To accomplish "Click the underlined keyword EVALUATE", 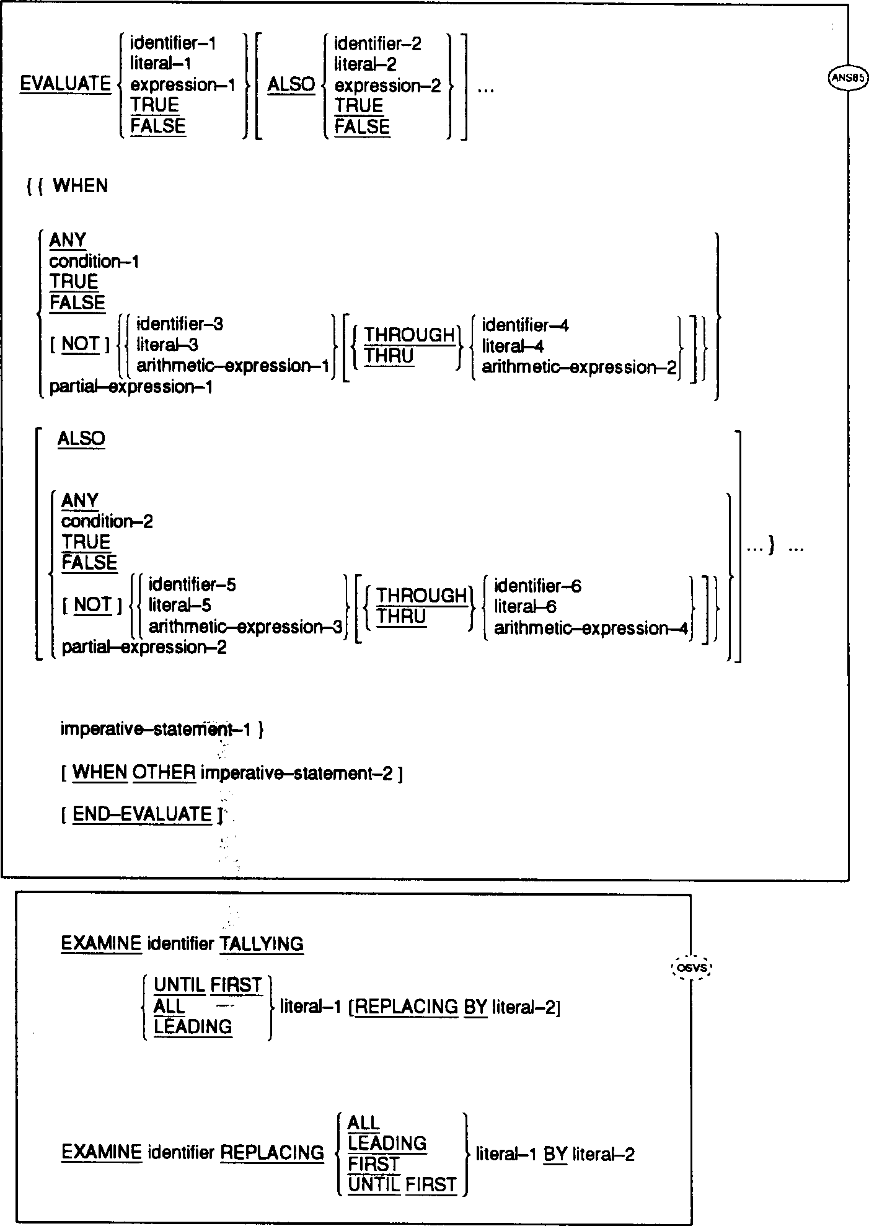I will [x=65, y=84].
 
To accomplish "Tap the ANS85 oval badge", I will [x=847, y=79].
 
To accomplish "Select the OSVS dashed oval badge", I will [x=692, y=968].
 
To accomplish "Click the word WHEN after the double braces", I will [x=81, y=186].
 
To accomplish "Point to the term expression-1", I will [x=183, y=85].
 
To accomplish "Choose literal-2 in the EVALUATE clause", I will [x=366, y=64].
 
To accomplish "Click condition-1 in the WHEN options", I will [x=94, y=262].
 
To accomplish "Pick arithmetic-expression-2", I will [x=580, y=367].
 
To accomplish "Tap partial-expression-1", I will [x=131, y=387].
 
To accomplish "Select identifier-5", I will [x=192, y=584].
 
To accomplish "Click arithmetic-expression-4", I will [x=591, y=628].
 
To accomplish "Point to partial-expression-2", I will [x=144, y=648].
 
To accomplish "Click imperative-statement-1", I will [x=155, y=729].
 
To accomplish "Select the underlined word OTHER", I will [x=164, y=773].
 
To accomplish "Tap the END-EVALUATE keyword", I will [x=142, y=814].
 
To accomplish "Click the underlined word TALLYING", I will [x=262, y=944].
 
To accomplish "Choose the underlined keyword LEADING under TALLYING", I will [x=193, y=1026].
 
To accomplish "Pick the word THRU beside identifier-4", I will [x=389, y=356].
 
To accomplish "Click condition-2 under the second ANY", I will [x=107, y=521].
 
